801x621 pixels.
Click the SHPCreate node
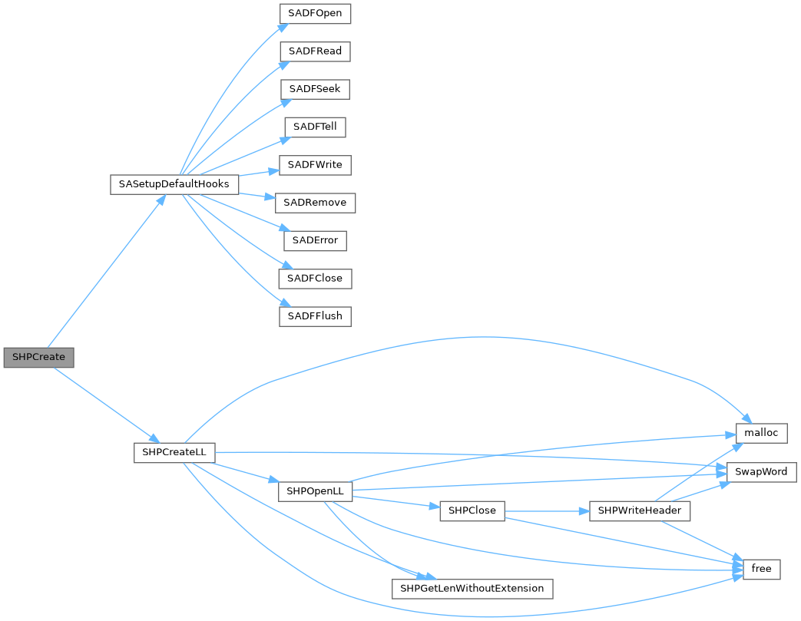click(x=38, y=358)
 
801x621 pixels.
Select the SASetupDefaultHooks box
click(x=174, y=185)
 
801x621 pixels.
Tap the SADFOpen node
click(x=316, y=14)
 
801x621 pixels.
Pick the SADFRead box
click(x=316, y=51)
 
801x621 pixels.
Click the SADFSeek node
click(x=315, y=89)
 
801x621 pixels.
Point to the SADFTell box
click(x=316, y=127)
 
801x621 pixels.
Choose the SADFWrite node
click(x=316, y=165)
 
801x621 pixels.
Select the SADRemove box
click(x=316, y=203)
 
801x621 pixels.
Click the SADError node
click(x=316, y=240)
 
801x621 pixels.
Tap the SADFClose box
click(x=316, y=278)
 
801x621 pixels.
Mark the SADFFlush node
click(x=316, y=315)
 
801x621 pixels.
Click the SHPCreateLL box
click(x=174, y=452)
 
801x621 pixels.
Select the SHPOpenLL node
click(x=315, y=491)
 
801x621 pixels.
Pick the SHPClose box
click(x=472, y=510)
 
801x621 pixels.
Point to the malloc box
click(x=761, y=433)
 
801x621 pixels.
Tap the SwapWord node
click(x=761, y=471)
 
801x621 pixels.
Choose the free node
click(x=761, y=569)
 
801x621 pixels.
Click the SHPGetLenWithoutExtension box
click(x=472, y=589)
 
